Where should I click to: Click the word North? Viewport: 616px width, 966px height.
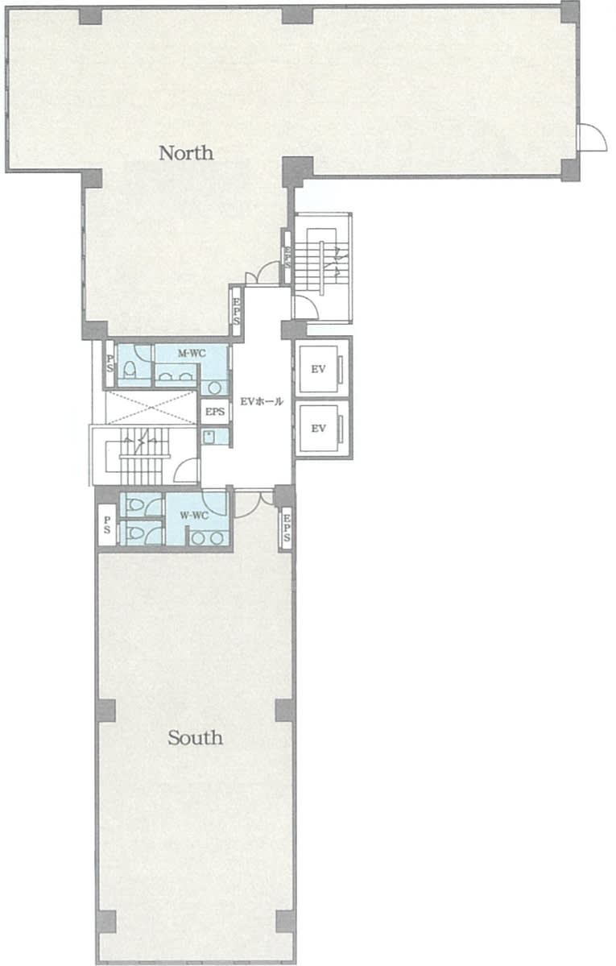click(186, 152)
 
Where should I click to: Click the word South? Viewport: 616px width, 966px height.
click(196, 737)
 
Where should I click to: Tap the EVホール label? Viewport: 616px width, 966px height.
click(262, 401)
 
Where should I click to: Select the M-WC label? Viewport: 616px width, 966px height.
click(192, 354)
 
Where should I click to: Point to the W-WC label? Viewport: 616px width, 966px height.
click(194, 516)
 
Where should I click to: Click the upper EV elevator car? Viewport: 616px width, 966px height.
click(318, 370)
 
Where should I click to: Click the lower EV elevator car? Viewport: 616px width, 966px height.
click(318, 428)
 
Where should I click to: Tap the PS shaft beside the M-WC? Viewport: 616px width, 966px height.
click(110, 364)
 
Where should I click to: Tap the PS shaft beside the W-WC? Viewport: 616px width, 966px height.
click(107, 524)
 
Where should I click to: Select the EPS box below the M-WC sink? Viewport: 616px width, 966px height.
click(215, 413)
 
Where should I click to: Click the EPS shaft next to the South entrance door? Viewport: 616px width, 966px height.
click(287, 529)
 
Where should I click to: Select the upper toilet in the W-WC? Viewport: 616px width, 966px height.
click(136, 506)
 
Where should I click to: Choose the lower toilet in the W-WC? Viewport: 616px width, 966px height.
click(135, 531)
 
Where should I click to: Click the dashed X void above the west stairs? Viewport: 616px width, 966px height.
click(151, 407)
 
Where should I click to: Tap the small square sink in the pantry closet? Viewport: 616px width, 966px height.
click(209, 437)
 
